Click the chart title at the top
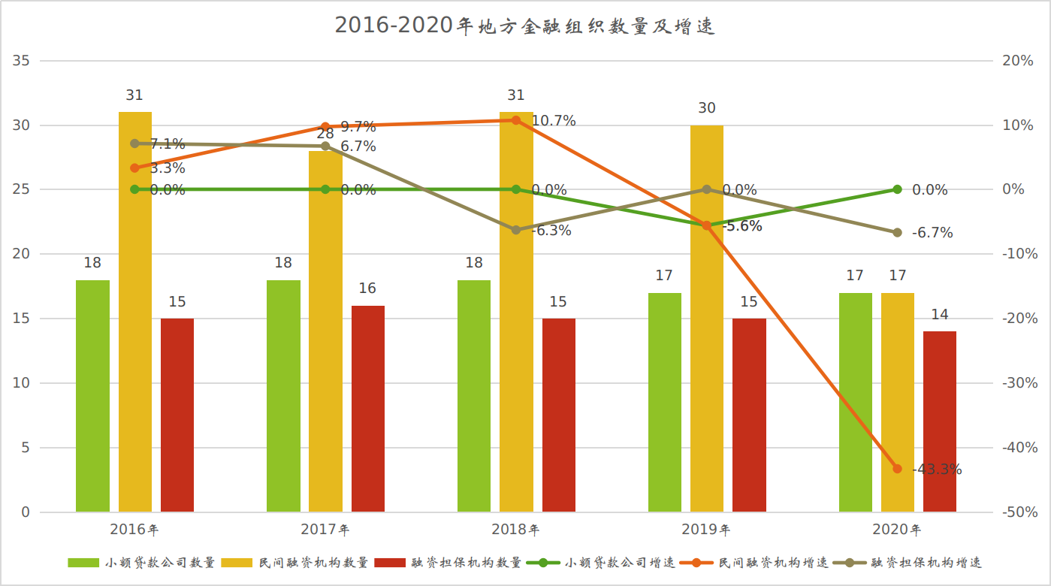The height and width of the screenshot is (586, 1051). [524, 26]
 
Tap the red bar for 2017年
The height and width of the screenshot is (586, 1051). [368, 409]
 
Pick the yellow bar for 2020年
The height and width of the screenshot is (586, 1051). [898, 403]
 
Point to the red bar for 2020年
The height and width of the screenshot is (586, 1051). [940, 421]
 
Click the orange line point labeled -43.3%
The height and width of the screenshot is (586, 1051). [897, 469]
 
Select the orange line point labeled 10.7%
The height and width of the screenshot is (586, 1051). [515, 120]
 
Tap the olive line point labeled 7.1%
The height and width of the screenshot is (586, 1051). [135, 143]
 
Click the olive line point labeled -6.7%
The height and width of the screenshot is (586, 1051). [897, 233]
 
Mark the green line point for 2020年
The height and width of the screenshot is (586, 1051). [897, 189]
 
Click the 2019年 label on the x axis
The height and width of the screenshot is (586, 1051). [706, 530]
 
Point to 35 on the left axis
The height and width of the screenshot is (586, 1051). [22, 61]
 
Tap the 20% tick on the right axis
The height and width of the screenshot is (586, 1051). [1018, 61]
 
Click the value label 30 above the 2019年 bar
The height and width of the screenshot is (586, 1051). [707, 108]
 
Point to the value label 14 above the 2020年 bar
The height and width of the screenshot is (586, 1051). [940, 315]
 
